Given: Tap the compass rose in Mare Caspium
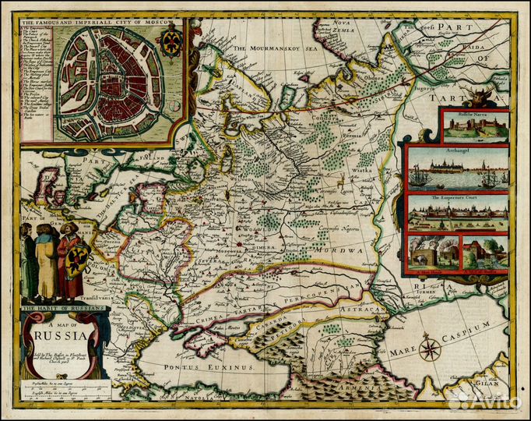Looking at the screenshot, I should pos(431,346).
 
